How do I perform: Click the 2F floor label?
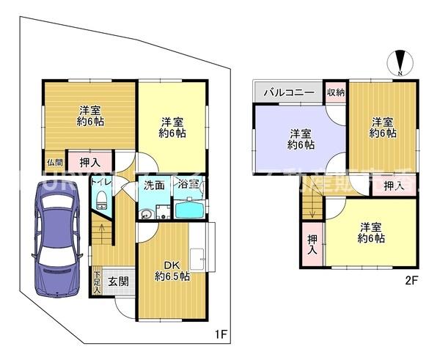pyautogui.click(x=411, y=279)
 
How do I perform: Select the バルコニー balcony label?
pyautogui.click(x=289, y=92)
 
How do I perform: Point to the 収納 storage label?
pyautogui.click(x=336, y=92)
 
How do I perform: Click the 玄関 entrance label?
pyautogui.click(x=118, y=280)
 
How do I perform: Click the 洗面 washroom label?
pyautogui.click(x=153, y=185)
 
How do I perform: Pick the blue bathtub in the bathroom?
pyautogui.click(x=192, y=210)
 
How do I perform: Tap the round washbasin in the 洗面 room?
pyautogui.click(x=147, y=214)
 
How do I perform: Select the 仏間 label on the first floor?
pyautogui.click(x=55, y=162)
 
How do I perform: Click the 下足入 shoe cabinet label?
pyautogui.click(x=97, y=282)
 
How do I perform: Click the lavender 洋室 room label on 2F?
pyautogui.click(x=301, y=139)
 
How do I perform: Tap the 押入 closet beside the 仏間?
pyautogui.click(x=89, y=161)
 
